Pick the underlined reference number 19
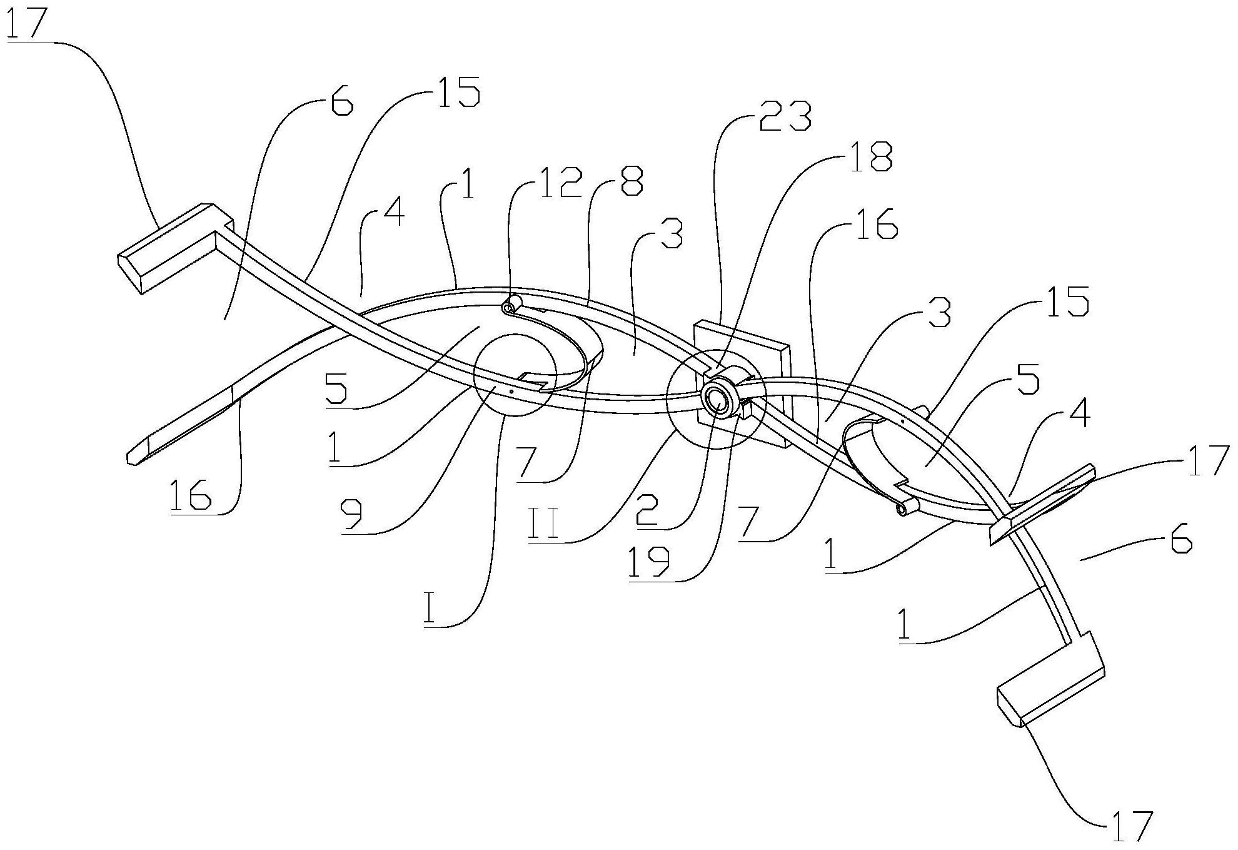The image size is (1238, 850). click(x=649, y=562)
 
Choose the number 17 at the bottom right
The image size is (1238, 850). click(x=1132, y=826)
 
